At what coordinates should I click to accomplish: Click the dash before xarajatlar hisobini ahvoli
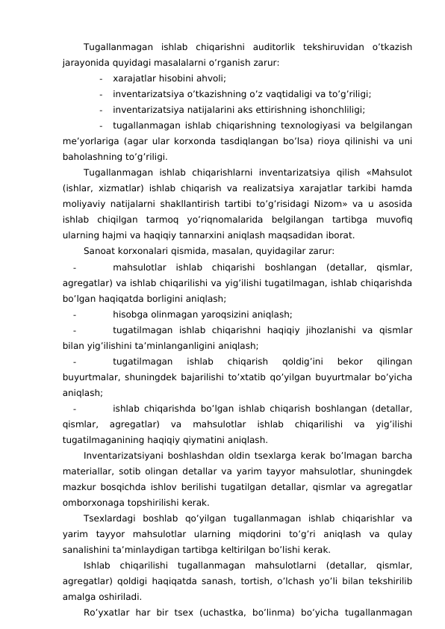click(x=100, y=78)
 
